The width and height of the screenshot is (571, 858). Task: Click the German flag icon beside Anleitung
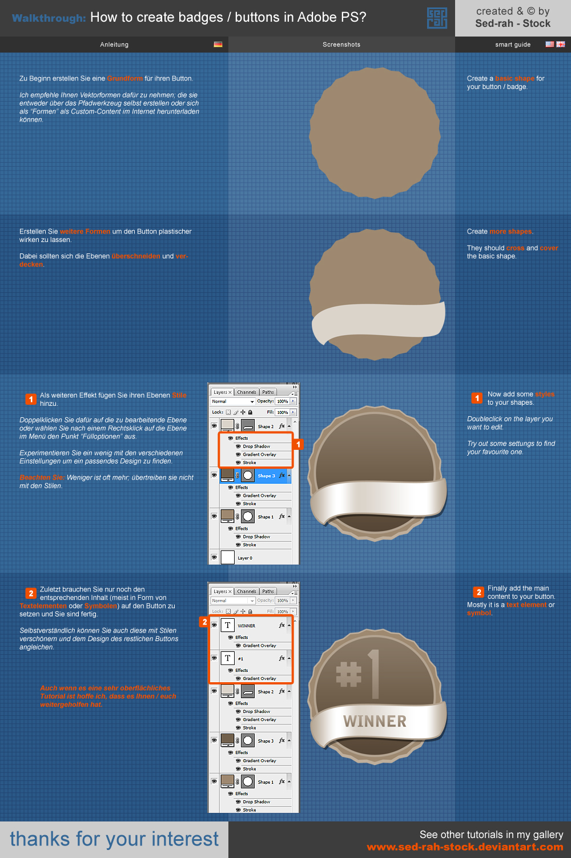218,44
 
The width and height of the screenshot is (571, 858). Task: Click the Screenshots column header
341,45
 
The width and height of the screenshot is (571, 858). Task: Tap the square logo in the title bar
437,18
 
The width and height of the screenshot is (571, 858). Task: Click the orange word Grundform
124,79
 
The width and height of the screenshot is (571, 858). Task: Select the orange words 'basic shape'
514,79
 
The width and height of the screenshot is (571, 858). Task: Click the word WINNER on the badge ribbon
375,722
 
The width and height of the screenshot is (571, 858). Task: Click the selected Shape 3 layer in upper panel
266,476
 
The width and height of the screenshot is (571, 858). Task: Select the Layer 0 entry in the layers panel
245,558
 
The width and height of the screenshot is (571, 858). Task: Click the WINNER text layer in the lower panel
247,626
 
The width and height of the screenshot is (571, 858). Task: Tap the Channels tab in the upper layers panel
247,392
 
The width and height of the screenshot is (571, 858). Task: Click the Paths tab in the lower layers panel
268,591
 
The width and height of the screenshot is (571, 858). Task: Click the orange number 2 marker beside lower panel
204,622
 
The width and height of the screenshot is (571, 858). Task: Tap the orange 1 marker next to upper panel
298,444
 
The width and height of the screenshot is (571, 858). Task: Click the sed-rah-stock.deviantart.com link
465,847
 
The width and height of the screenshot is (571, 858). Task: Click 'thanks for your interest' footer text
114,839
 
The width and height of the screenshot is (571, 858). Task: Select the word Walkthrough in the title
49,18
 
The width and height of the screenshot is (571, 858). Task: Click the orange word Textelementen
43,606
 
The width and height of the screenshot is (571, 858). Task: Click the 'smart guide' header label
513,45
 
